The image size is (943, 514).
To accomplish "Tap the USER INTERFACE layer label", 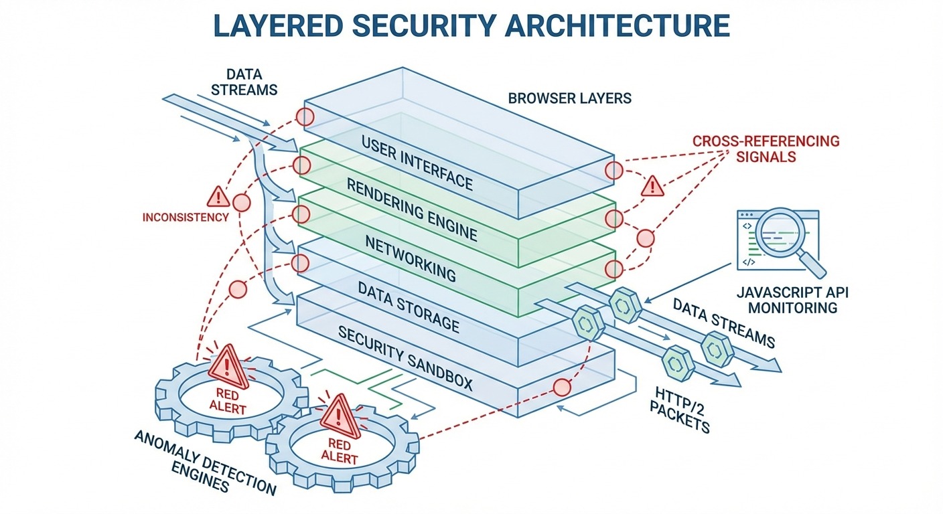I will click(417, 163).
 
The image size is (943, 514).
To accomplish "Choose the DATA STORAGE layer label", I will click(409, 307).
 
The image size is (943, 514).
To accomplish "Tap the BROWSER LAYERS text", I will click(569, 98).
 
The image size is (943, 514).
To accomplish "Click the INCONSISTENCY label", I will click(186, 218).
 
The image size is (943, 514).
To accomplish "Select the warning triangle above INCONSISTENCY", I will click(218, 196).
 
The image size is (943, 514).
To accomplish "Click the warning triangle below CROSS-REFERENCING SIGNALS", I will click(652, 187).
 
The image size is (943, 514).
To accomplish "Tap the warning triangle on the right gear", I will click(341, 415).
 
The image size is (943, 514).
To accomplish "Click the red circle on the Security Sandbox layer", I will click(561, 387).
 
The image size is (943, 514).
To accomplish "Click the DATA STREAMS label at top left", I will click(244, 82).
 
